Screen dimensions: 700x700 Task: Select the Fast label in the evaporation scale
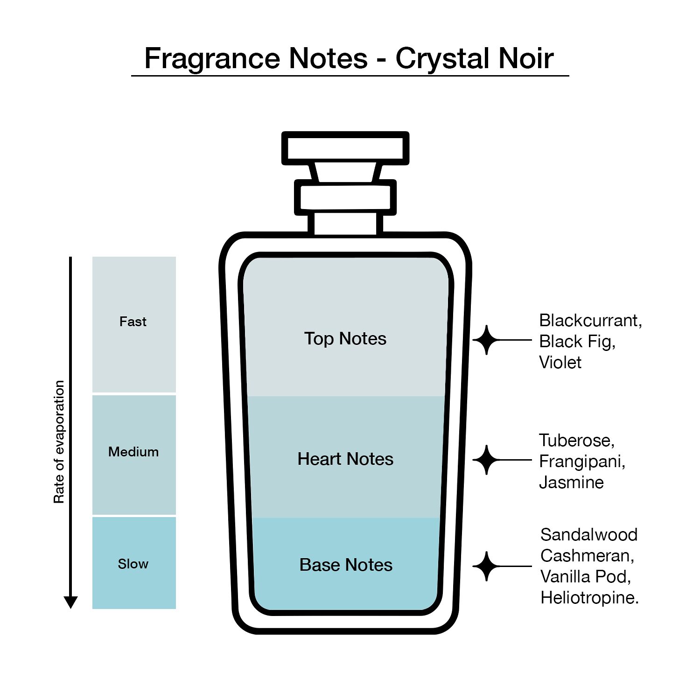pyautogui.click(x=133, y=322)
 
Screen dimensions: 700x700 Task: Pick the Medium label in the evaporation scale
pyautogui.click(x=133, y=452)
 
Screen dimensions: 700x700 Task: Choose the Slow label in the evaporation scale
pyautogui.click(x=133, y=564)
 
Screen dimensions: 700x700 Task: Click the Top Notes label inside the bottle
pyautogui.click(x=345, y=339)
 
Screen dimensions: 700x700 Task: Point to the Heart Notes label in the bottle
pyautogui.click(x=345, y=459)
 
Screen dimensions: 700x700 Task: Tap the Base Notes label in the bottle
pyautogui.click(x=346, y=565)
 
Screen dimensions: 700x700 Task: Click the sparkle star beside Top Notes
pyautogui.click(x=487, y=340)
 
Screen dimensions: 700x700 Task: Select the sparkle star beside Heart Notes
pyautogui.click(x=487, y=460)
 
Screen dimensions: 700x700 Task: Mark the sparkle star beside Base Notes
pyautogui.click(x=487, y=567)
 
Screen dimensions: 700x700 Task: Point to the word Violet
pyautogui.click(x=560, y=363)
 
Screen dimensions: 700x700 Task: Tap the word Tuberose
pyautogui.click(x=577, y=441)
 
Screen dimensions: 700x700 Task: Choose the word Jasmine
pyautogui.click(x=572, y=483)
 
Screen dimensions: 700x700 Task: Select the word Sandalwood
pyautogui.click(x=589, y=535)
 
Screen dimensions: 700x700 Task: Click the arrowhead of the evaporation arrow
pyautogui.click(x=70, y=602)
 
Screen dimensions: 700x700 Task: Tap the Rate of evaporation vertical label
pyautogui.click(x=59, y=442)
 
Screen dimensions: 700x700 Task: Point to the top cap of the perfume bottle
pyautogui.click(x=345, y=148)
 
